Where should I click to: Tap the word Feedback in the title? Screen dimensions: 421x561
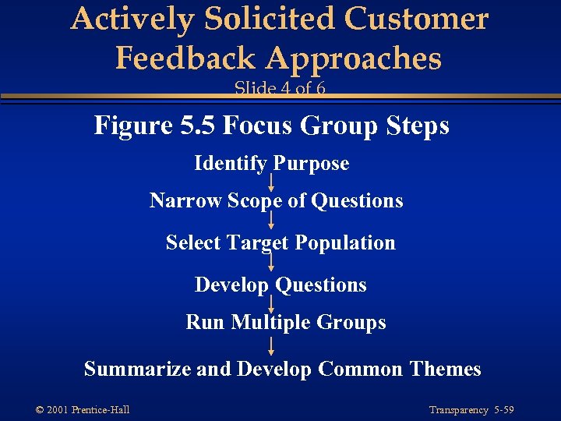point(185,58)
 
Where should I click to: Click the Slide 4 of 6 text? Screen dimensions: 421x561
point(280,88)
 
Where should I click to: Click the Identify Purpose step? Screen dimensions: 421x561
point(271,164)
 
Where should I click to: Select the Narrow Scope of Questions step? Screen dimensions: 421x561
point(276,201)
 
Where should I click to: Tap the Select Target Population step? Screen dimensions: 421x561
point(280,242)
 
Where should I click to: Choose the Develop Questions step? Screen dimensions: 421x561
point(280,285)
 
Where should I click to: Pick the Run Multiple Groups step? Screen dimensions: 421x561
point(285,322)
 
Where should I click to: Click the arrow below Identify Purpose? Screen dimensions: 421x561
point(271,182)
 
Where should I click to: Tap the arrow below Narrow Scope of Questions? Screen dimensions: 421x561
point(271,221)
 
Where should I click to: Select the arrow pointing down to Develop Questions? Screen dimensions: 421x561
point(271,263)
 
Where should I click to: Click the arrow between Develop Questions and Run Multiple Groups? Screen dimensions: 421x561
point(271,303)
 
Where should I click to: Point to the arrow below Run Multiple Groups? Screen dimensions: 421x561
point(271,345)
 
